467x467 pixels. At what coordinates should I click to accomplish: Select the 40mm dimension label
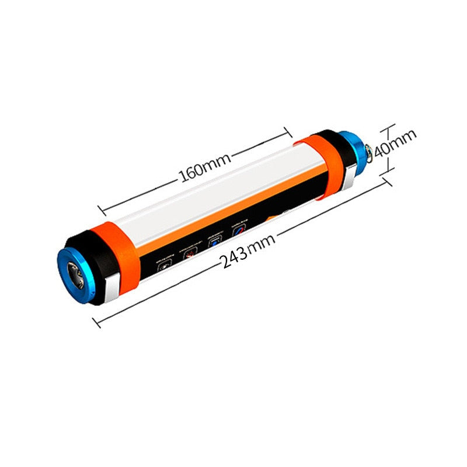coord(395,144)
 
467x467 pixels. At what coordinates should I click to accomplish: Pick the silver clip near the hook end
coord(351,176)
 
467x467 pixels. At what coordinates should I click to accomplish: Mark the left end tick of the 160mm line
coord(100,208)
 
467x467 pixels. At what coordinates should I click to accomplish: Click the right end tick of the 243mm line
coord(386,182)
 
